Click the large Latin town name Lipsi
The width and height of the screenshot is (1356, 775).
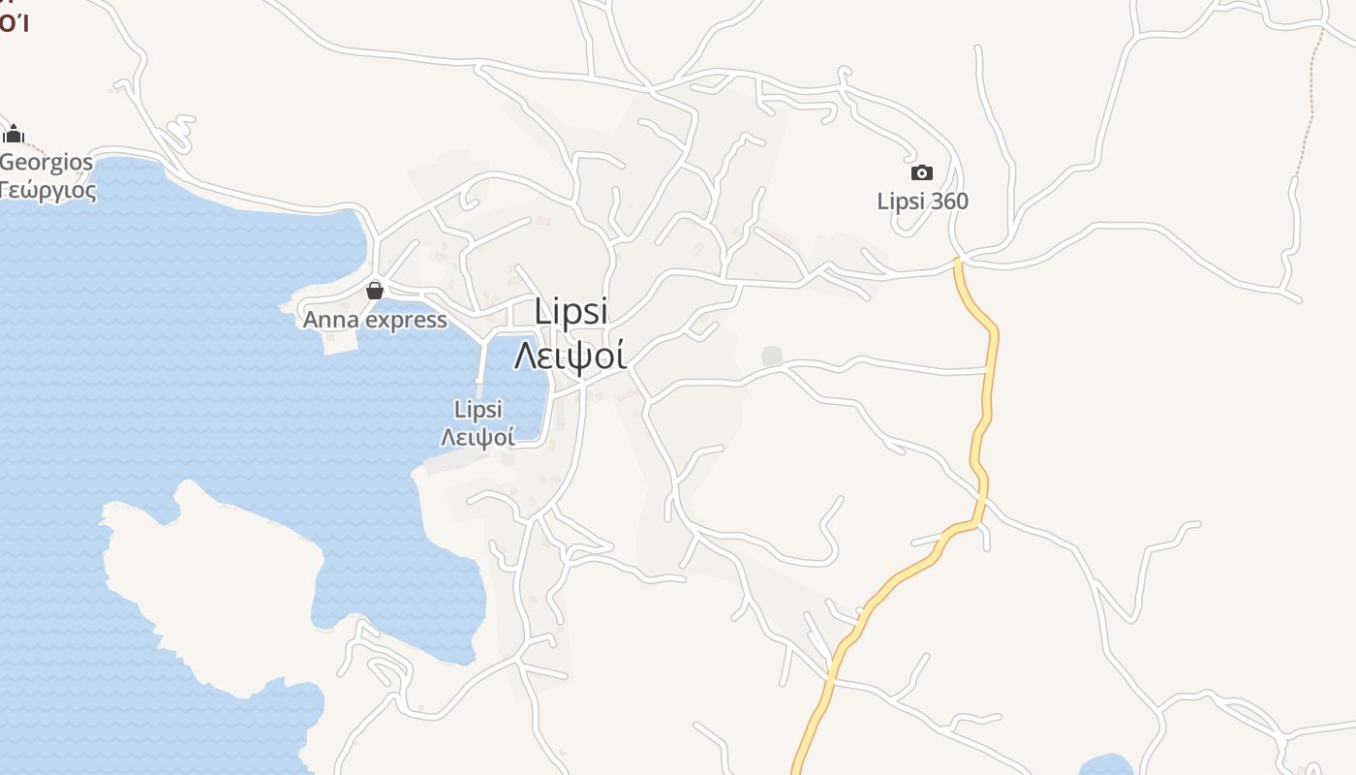tap(571, 311)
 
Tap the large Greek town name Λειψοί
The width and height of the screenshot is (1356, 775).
tap(570, 356)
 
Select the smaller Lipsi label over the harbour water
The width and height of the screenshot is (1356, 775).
tap(478, 410)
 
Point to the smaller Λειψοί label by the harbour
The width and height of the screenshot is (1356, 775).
tap(478, 437)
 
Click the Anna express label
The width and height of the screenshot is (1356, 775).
tap(375, 320)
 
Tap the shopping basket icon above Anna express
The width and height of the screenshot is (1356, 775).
tap(375, 290)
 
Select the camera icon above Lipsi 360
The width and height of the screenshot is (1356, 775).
tap(922, 173)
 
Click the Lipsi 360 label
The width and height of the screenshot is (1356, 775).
tap(922, 201)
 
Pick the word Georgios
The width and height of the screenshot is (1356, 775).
tap(46, 162)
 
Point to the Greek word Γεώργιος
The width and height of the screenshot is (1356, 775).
tap(48, 190)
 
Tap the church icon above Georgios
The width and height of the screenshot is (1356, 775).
tap(14, 134)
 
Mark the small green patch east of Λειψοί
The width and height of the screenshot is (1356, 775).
tap(772, 356)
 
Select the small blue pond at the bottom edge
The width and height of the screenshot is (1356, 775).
tap(1105, 766)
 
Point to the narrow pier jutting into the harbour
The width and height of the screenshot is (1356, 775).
tap(482, 366)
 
